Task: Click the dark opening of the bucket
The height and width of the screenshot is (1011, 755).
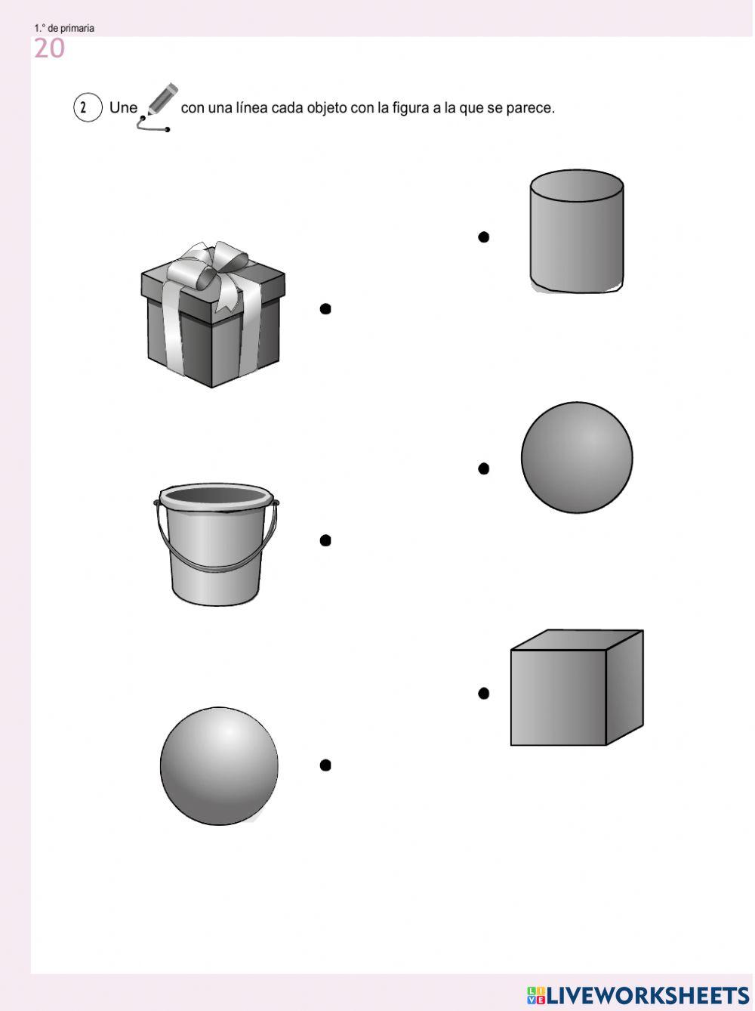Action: pos(216,495)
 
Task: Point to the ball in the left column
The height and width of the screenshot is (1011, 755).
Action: pos(219,766)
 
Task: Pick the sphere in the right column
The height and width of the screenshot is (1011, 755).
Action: pos(577,457)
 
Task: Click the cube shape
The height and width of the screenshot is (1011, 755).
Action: pos(577,687)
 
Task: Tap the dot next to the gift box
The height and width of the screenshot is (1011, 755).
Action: pos(325,308)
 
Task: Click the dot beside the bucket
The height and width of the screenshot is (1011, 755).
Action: pos(325,540)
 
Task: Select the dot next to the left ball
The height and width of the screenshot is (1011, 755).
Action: pos(325,765)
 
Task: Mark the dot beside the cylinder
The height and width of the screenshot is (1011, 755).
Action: pos(483,237)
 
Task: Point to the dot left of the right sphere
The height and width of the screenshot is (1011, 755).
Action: pos(483,468)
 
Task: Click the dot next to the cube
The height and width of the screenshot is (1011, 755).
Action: pos(483,693)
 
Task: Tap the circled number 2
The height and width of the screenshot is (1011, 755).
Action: pos(88,107)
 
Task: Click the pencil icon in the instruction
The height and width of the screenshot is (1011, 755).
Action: pos(159,107)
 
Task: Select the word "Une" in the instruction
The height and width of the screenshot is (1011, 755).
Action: pos(123,108)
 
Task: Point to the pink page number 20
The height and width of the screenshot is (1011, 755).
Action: pos(49,48)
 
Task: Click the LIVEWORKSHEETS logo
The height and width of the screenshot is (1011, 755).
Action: pos(638,995)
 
